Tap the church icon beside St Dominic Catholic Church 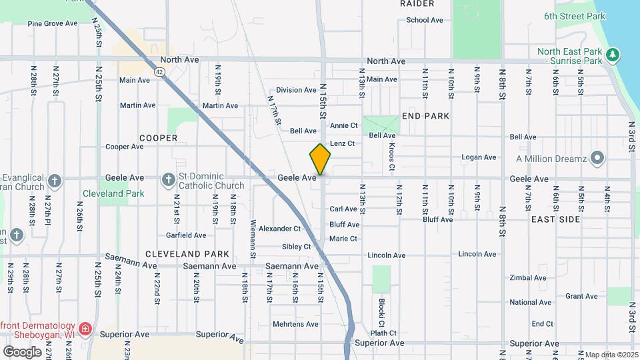169,179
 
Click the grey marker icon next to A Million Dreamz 597,158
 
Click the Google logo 22,351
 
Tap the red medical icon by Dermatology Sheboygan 85,329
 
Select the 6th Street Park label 574,16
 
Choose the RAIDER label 417,4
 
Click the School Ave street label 425,20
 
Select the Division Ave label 296,90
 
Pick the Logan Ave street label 479,157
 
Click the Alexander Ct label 279,229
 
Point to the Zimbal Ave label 528,278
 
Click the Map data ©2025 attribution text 611,355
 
